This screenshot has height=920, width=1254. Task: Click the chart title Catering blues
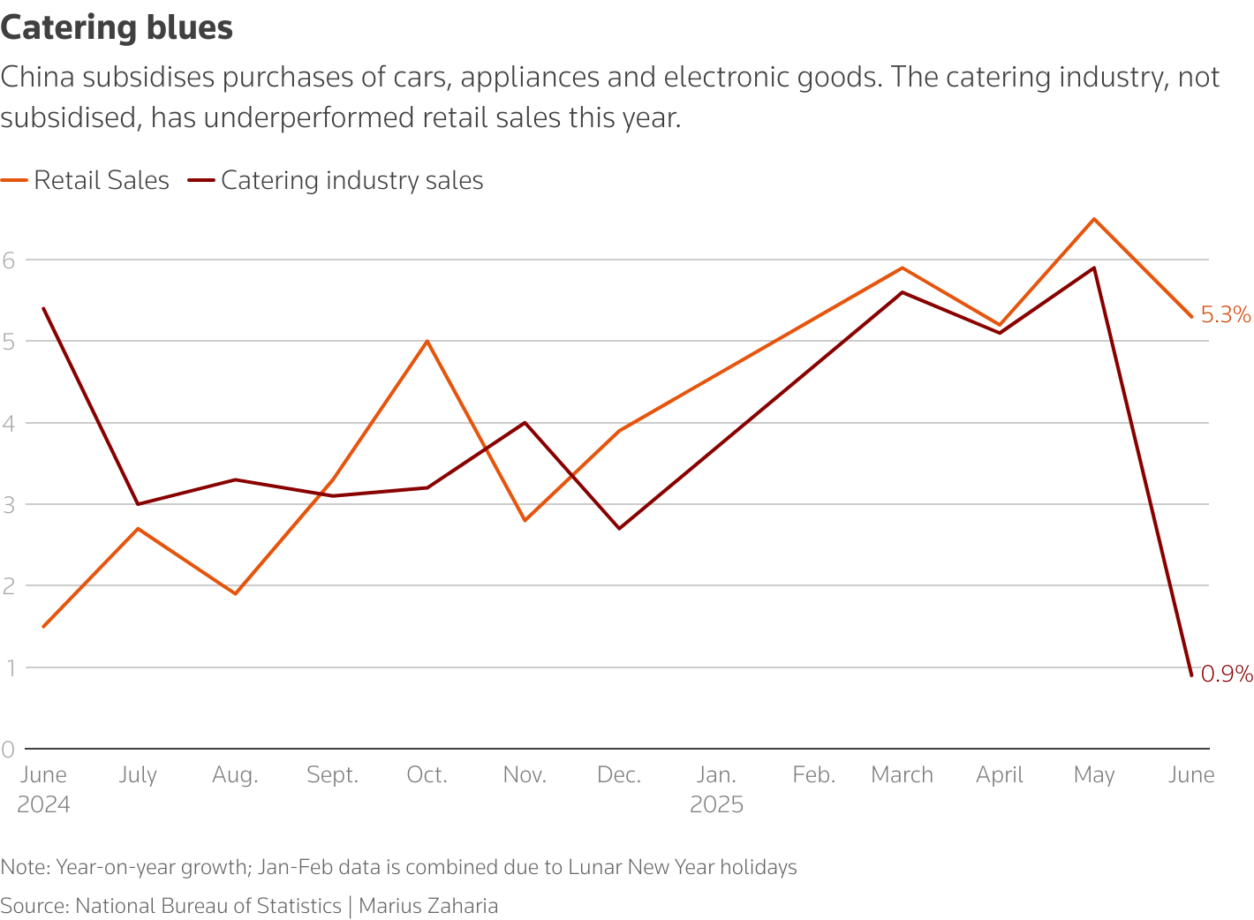click(x=117, y=27)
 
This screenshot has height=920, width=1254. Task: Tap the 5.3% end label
click(x=1226, y=315)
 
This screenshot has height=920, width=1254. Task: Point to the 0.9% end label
click(x=1227, y=675)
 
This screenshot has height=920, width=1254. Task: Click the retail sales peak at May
click(x=1094, y=219)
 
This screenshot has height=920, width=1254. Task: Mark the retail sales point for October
click(x=427, y=341)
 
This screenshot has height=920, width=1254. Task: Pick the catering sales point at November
click(x=525, y=423)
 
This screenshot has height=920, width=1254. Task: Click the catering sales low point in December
click(x=619, y=528)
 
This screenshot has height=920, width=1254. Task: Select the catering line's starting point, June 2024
click(x=43, y=308)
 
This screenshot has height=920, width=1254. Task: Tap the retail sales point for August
click(x=235, y=593)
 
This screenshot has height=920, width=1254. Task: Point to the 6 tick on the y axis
click(x=9, y=260)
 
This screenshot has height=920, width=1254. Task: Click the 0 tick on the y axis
click(x=9, y=749)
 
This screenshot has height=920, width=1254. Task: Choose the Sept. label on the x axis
click(x=332, y=775)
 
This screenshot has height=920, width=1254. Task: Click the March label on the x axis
click(x=902, y=775)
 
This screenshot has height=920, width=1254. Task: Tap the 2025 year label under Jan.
click(x=716, y=805)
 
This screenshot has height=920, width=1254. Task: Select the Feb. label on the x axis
click(x=813, y=775)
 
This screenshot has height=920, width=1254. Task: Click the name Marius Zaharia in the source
click(x=428, y=906)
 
